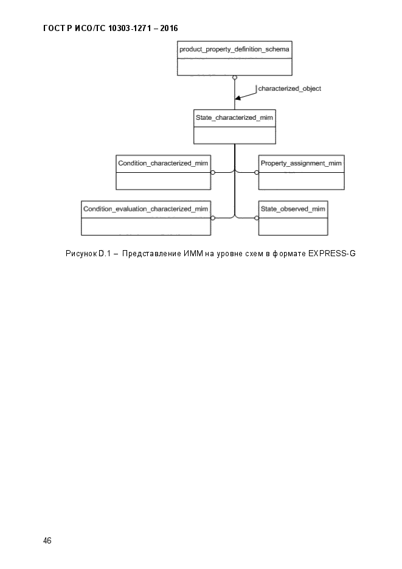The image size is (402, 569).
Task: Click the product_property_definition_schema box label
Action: pyautogui.click(x=234, y=49)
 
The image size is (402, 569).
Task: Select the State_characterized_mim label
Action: pyautogui.click(x=234, y=117)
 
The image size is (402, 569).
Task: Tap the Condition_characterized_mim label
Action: pyautogui.click(x=163, y=163)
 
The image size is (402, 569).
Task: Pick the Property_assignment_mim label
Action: pyautogui.click(x=301, y=163)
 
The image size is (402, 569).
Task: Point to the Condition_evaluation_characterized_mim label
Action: pyautogui.click(x=146, y=209)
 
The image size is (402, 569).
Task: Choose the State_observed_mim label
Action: pyautogui.click(x=293, y=209)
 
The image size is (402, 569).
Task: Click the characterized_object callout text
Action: pyautogui.click(x=289, y=88)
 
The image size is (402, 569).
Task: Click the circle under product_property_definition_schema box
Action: pyautogui.click(x=235, y=78)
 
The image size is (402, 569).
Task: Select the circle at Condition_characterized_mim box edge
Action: pyautogui.click(x=213, y=172)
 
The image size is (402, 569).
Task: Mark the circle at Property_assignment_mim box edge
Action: pyautogui.click(x=257, y=172)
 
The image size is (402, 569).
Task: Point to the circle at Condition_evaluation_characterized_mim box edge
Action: pyautogui.click(x=213, y=218)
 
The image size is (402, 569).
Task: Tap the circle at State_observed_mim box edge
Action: pyautogui.click(x=257, y=218)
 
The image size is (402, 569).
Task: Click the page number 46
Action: pyautogui.click(x=47, y=540)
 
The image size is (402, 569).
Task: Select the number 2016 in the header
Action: pyautogui.click(x=169, y=29)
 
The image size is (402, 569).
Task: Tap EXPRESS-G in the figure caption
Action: pyautogui.click(x=331, y=254)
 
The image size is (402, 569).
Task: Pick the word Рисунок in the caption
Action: pyautogui.click(x=81, y=254)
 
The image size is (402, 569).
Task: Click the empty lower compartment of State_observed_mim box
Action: pyautogui.click(x=293, y=226)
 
